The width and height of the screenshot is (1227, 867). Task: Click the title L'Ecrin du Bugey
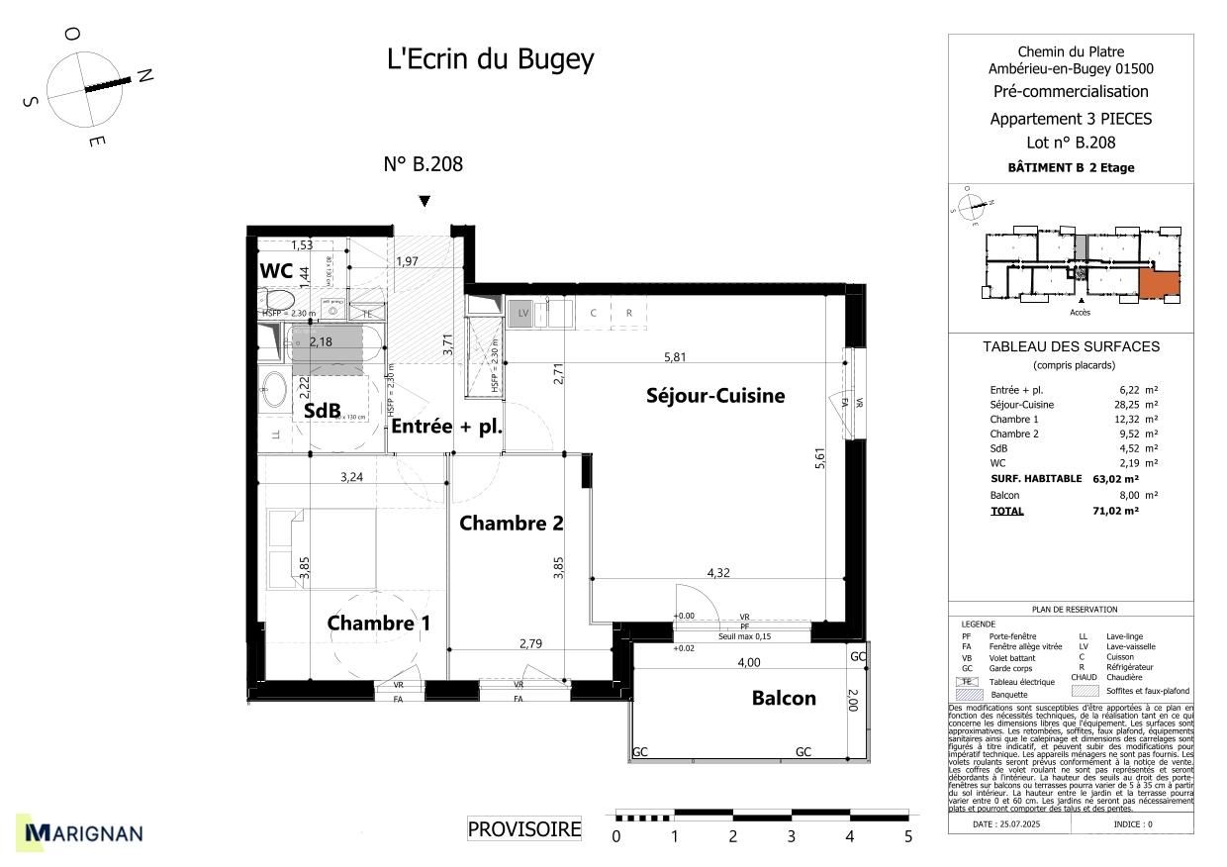[x=490, y=59]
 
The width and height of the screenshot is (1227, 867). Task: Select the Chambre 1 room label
[x=378, y=624]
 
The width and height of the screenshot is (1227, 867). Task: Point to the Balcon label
[x=784, y=698]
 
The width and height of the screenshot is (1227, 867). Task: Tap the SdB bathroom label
[x=322, y=410]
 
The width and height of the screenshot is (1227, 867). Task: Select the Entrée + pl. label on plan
[x=446, y=428]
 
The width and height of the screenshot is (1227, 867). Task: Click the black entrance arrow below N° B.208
[x=425, y=201]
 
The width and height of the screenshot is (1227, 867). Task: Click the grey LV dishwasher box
[x=522, y=314]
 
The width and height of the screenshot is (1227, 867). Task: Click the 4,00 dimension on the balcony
[x=747, y=662]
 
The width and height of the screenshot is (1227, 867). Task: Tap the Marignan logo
[x=84, y=833]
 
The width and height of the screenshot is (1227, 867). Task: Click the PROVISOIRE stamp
[x=524, y=829]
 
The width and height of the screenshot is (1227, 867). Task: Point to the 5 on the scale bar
[x=907, y=837]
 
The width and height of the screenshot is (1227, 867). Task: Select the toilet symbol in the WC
[x=278, y=299]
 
